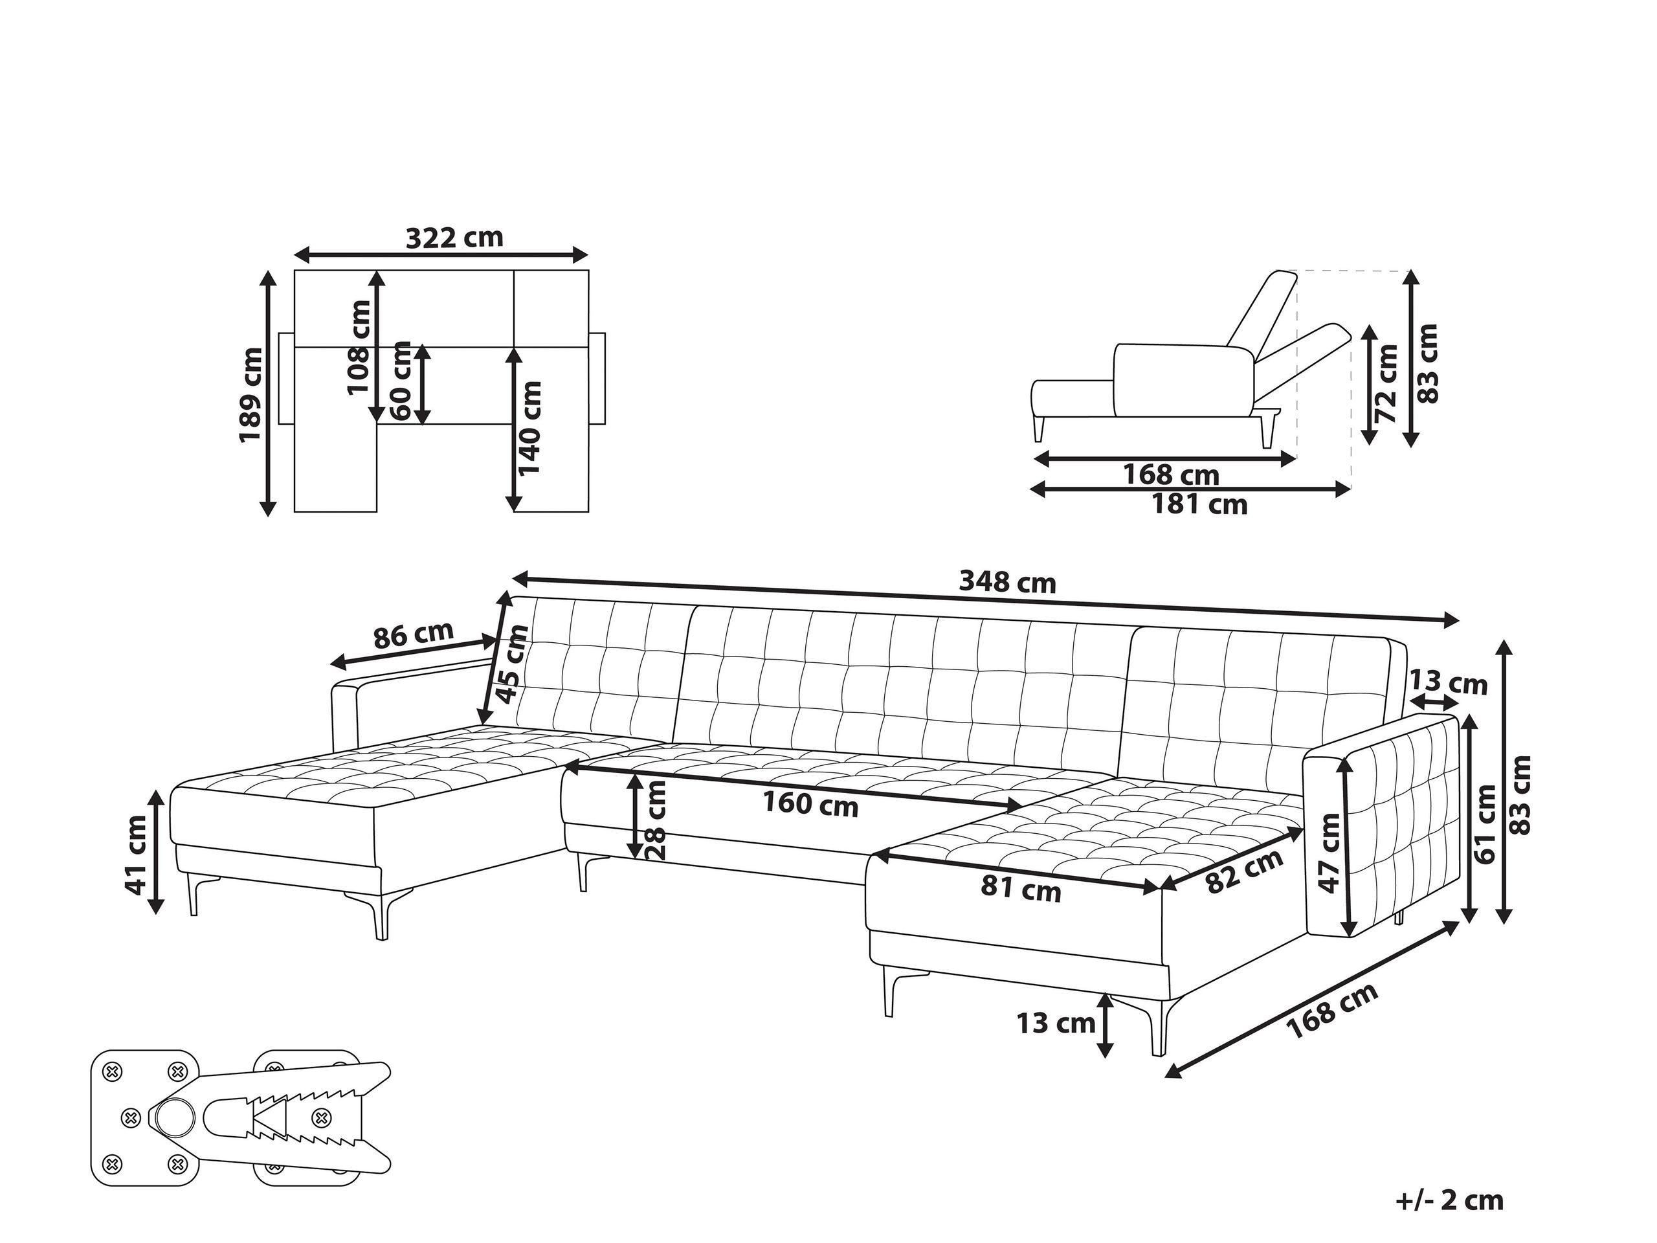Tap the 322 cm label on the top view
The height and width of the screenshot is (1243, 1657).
coord(454,238)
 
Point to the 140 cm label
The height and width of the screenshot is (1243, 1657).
coord(529,428)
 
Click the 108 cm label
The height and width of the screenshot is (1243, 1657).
coord(359,347)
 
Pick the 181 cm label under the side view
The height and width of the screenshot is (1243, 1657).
coord(1199,504)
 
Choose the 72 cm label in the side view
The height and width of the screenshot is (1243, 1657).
coord(1387,383)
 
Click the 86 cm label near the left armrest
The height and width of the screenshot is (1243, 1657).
coord(413,634)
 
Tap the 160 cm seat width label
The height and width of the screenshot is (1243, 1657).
coord(810,804)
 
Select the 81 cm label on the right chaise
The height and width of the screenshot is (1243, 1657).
coord(1020,890)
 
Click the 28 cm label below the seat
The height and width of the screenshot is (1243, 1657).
coord(656,820)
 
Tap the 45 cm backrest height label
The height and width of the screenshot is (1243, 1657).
coord(513,664)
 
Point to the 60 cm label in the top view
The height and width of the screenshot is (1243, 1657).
coord(401,381)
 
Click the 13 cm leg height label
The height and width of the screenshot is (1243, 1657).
coord(1056,1023)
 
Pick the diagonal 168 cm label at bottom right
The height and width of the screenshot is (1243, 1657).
coord(1332,1011)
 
